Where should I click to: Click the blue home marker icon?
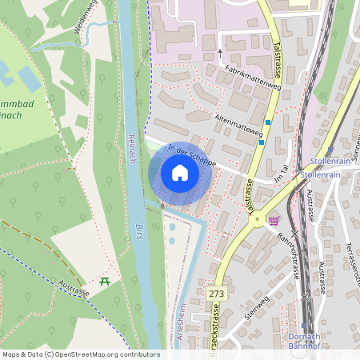180,173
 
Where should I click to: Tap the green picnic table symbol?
104,281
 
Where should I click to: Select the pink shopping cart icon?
274,221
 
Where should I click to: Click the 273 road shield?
217,294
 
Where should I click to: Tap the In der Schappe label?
192,155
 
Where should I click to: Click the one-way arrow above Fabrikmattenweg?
220,54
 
